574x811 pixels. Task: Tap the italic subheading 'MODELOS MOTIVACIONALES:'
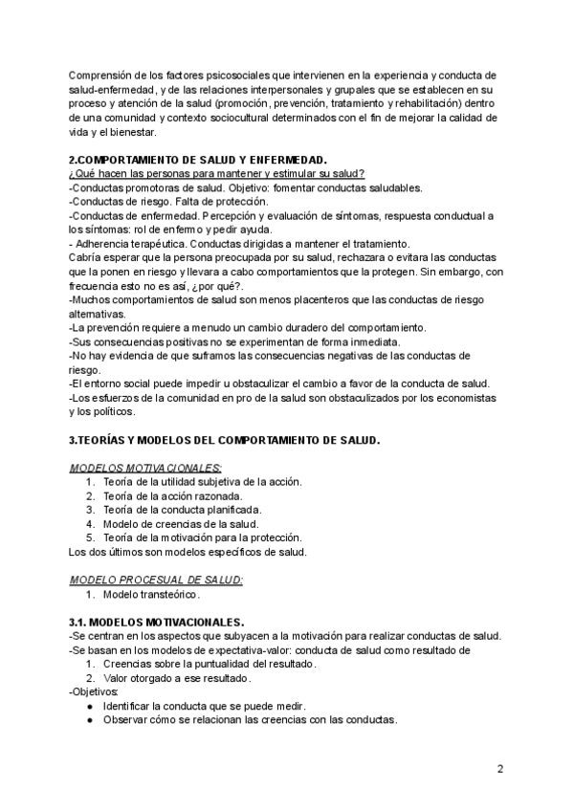click(x=145, y=468)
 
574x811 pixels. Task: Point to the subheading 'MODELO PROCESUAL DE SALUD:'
click(x=157, y=580)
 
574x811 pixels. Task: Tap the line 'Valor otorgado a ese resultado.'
click(x=176, y=678)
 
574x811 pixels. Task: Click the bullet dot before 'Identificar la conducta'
click(x=89, y=706)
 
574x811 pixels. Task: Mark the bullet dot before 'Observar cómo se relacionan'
click(x=89, y=720)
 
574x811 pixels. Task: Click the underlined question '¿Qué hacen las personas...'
click(x=216, y=173)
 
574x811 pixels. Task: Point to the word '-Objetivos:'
click(x=94, y=691)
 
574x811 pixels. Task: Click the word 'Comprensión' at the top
click(x=100, y=76)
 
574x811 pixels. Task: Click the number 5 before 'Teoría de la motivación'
click(x=90, y=537)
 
